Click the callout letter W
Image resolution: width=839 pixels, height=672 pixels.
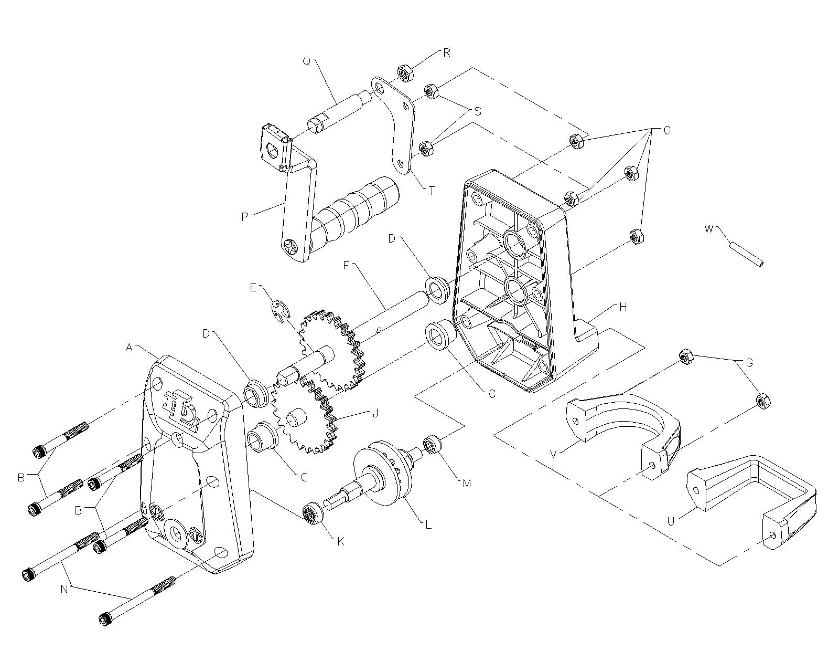coord(709,229)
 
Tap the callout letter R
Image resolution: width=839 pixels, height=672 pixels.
coord(447,52)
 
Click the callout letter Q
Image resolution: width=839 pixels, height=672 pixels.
coord(307,61)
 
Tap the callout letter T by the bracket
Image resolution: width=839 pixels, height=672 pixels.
coord(432,191)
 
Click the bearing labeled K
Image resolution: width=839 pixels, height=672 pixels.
coord(314,513)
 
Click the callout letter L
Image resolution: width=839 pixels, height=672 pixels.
coord(428,524)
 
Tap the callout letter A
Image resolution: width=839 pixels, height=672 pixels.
coord(129,348)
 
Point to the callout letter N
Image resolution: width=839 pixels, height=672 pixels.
coord(64,589)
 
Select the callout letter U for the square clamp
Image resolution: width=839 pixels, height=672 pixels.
coord(671,521)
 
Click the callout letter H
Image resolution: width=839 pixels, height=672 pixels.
coord(623,307)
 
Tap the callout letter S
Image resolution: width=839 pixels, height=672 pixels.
coord(477,111)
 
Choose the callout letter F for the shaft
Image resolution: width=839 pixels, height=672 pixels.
coord(346,266)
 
